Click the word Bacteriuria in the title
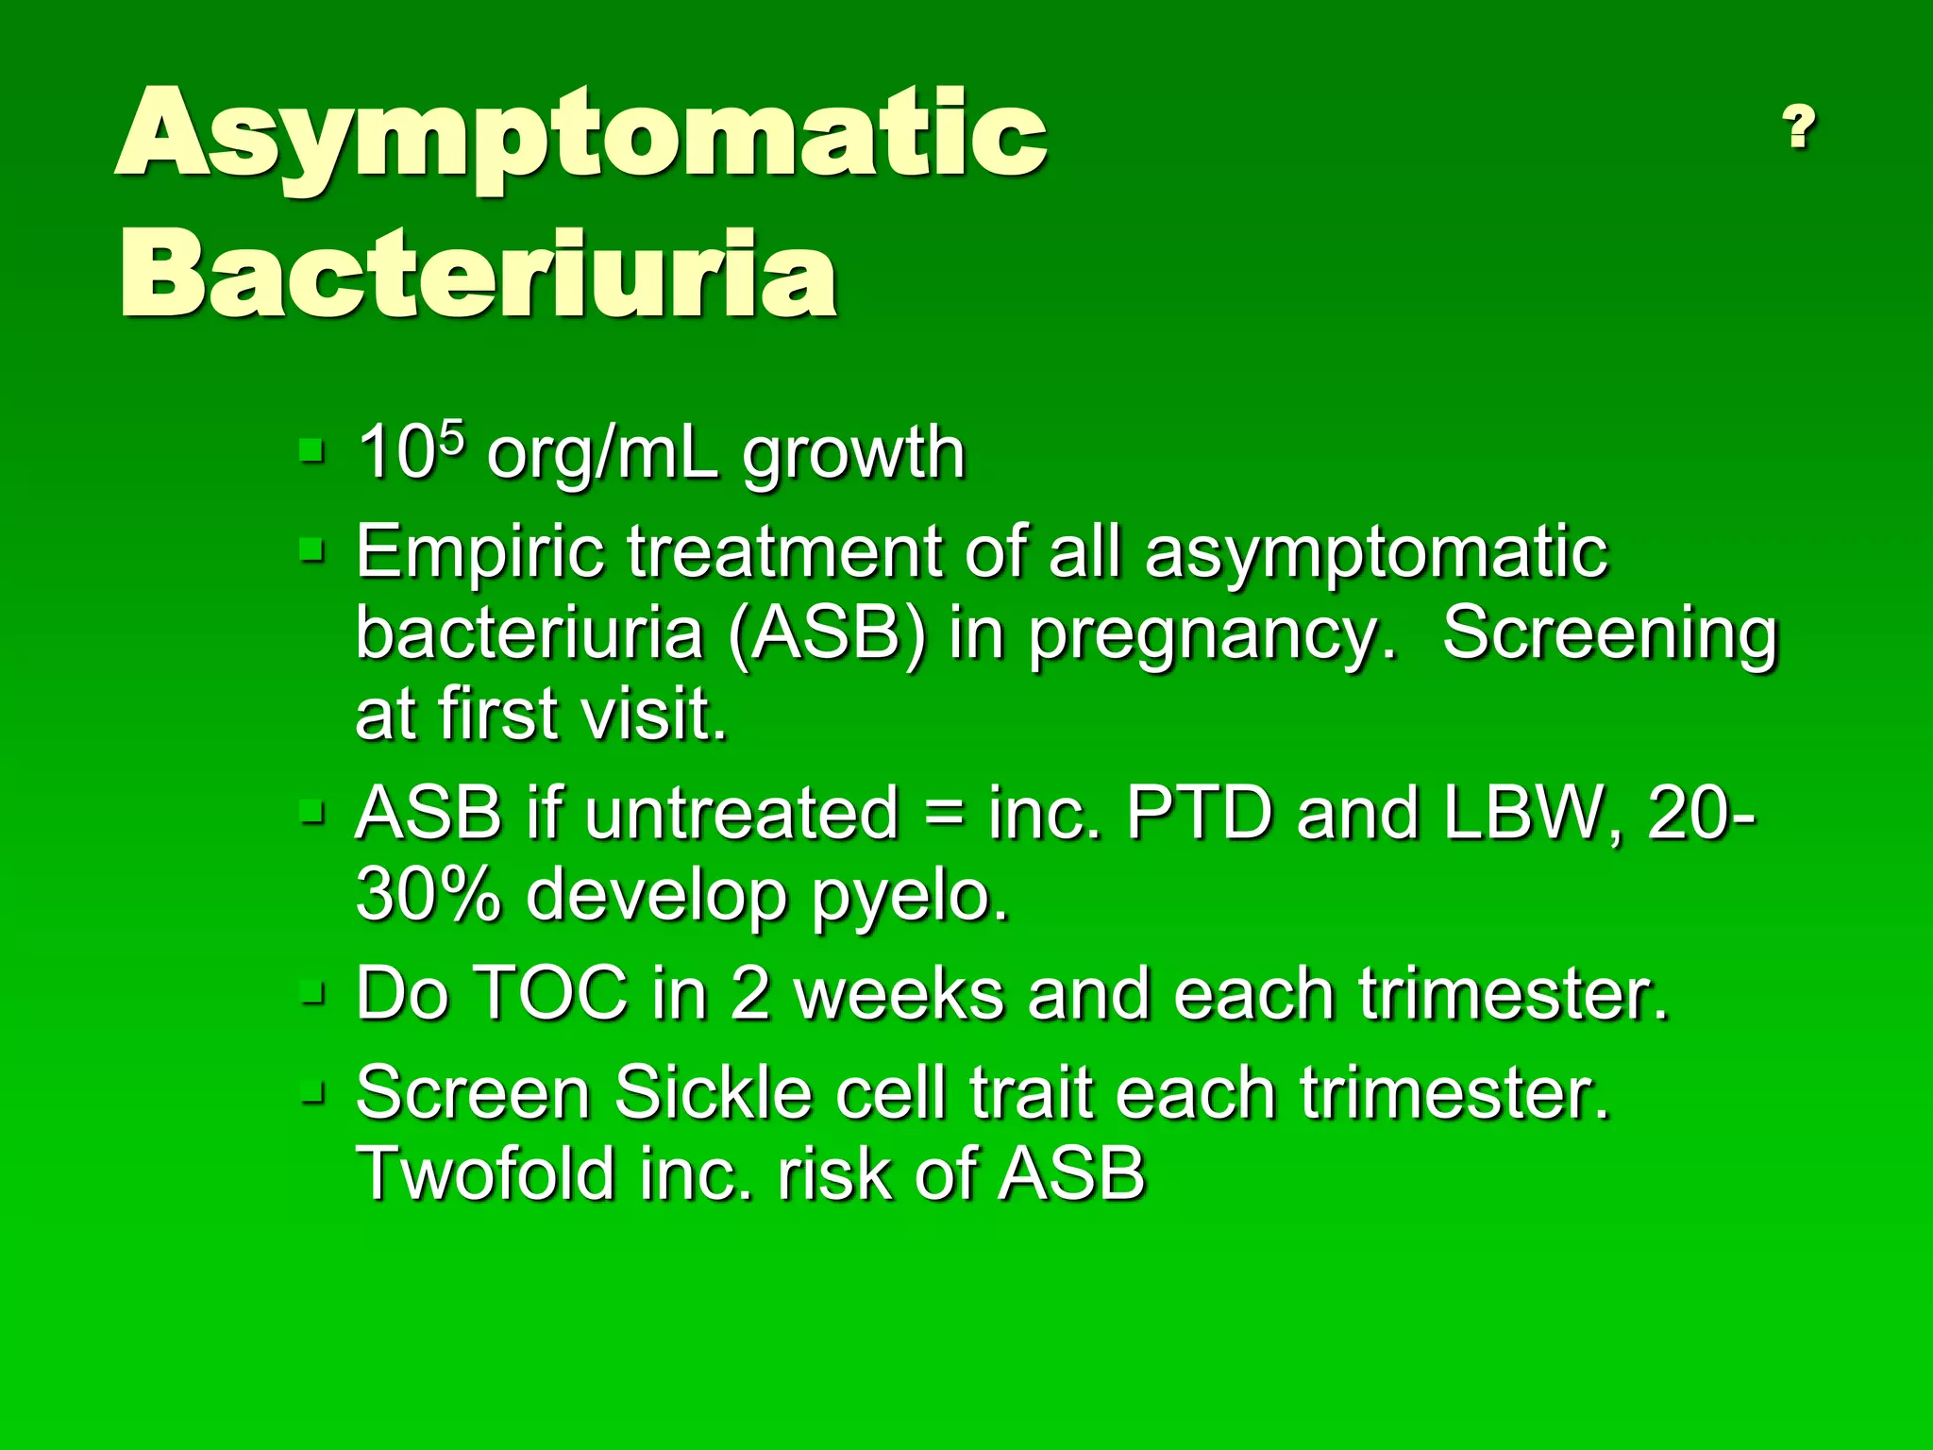pos(479,276)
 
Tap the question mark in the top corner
pos(1799,127)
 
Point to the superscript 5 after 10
pos(453,438)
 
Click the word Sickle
pos(713,1093)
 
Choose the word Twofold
pos(483,1173)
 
